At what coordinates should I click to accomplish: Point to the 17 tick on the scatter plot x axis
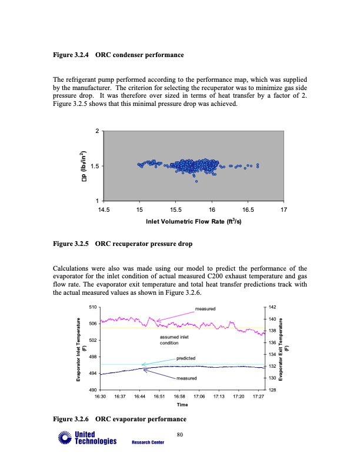coord(284,209)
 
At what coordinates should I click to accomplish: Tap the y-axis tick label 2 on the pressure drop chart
coord(98,130)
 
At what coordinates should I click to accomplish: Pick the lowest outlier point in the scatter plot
coord(196,181)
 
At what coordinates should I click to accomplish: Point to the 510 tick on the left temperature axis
coord(93,307)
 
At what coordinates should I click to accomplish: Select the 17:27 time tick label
coord(258,397)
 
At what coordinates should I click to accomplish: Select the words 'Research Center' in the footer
coord(148,442)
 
